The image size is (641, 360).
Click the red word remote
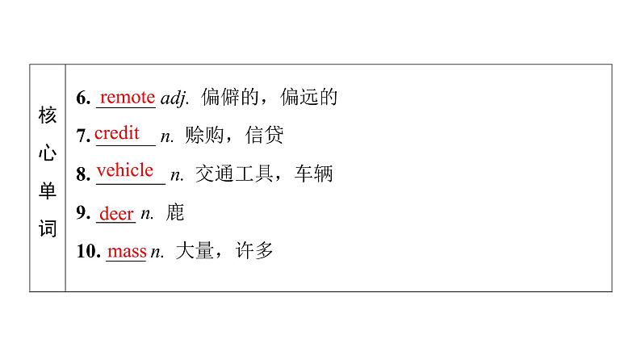pos(127,98)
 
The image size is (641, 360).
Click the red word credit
pos(117,133)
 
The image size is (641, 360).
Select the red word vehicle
pos(124,170)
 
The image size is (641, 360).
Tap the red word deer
pos(115,214)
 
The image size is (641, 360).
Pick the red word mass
pos(127,251)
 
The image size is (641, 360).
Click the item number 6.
pos(82,99)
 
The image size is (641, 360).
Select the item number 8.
pos(82,174)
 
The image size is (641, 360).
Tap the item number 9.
pos(82,214)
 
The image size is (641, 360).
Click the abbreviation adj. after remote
pos(174,99)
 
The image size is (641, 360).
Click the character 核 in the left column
pos(48,116)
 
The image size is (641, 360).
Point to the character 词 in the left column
pos(48,229)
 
